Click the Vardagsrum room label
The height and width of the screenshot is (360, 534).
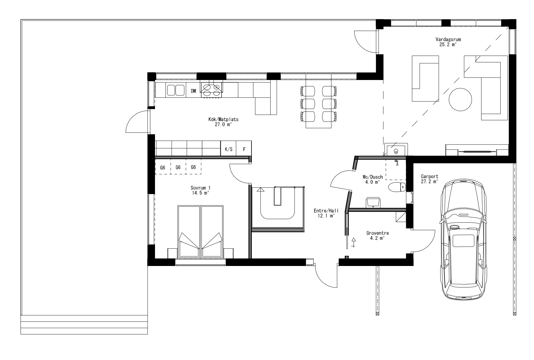(x=446, y=39)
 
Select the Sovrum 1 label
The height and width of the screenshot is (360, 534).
(x=200, y=188)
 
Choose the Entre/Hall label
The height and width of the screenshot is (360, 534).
(x=326, y=211)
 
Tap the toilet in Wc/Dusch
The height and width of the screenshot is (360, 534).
(x=397, y=187)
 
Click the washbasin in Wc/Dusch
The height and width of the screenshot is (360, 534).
(x=372, y=202)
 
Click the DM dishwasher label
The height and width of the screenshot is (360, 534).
(x=194, y=91)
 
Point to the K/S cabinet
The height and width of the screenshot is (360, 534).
(x=228, y=149)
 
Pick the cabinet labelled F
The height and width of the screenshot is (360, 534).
(x=244, y=149)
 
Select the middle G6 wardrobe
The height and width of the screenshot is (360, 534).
(x=178, y=167)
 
